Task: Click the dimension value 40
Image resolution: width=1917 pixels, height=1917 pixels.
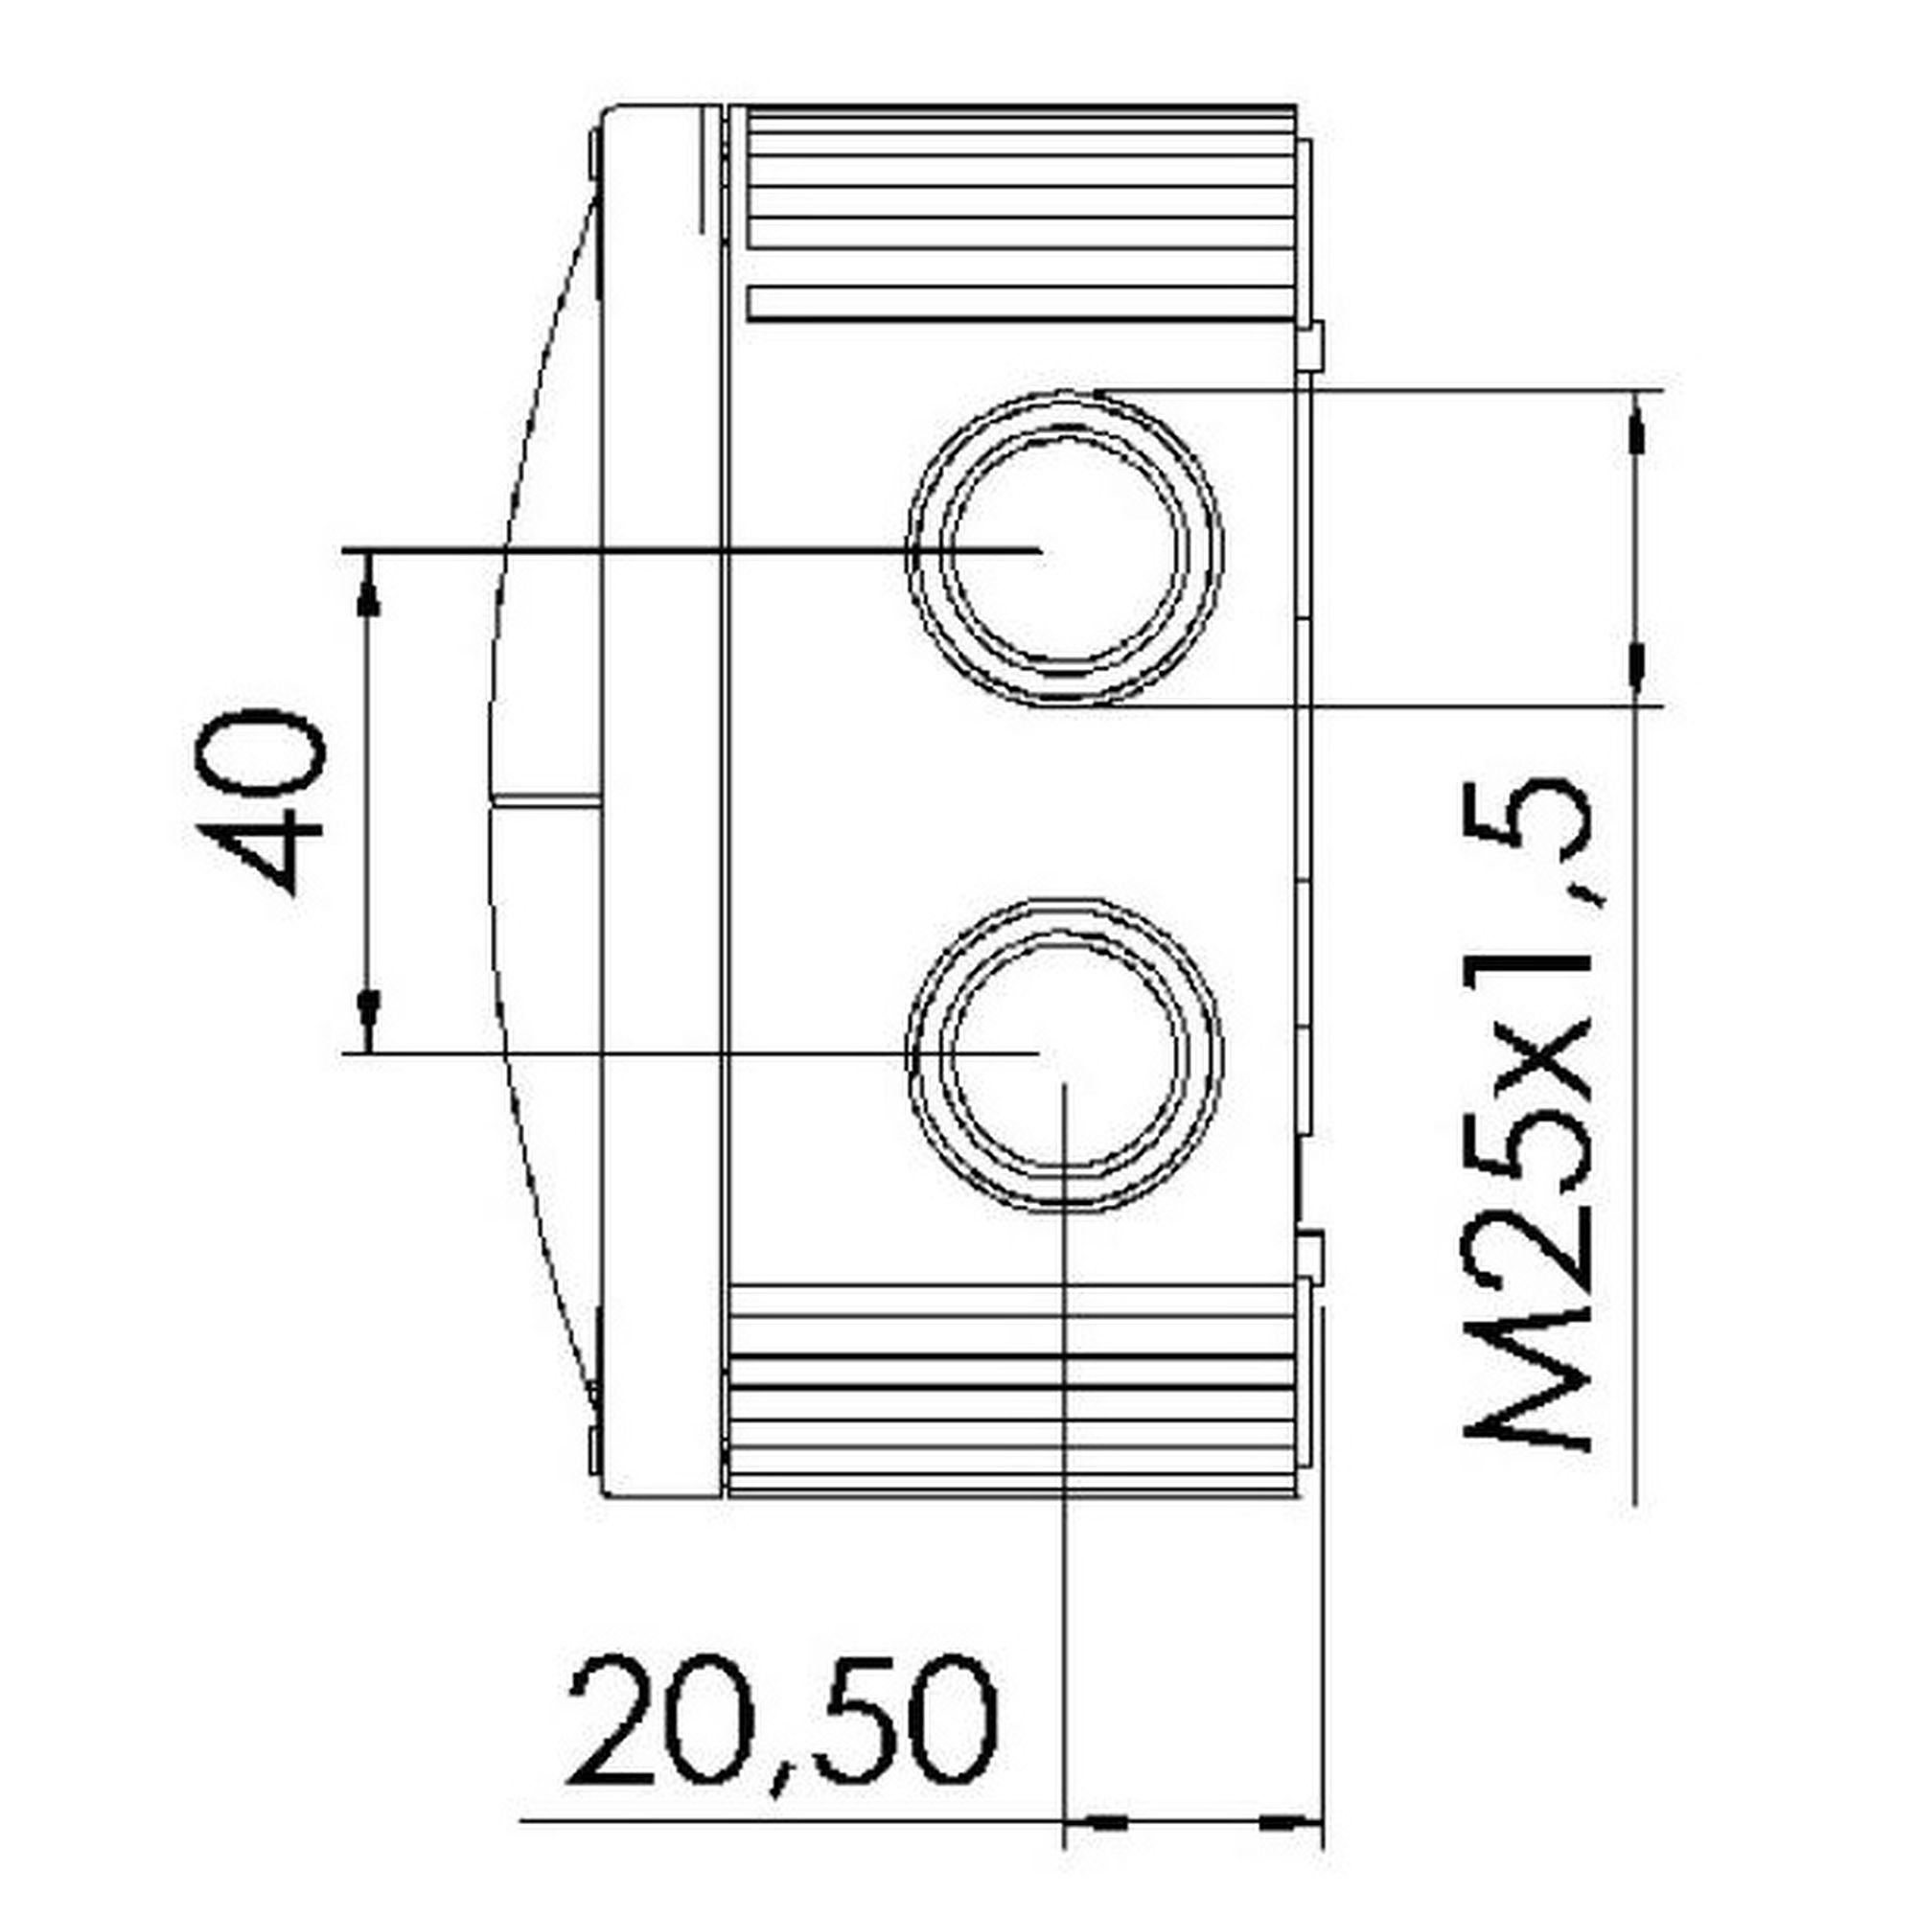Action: (260, 801)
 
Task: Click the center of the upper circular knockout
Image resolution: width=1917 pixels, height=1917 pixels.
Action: (1064, 548)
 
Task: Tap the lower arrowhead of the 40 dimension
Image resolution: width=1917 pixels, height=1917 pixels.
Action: (369, 1010)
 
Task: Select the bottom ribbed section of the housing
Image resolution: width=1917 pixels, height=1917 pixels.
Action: (1012, 1389)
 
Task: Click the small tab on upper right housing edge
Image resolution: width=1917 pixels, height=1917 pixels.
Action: (1312, 346)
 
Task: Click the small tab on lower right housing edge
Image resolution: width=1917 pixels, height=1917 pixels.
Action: (1312, 1257)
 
